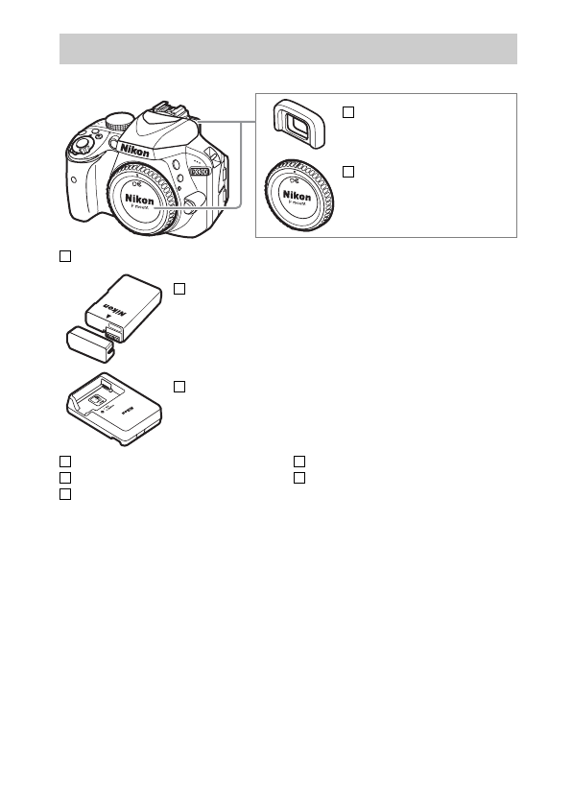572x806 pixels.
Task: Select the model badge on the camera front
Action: (x=199, y=171)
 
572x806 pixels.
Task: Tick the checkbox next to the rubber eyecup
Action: (x=348, y=112)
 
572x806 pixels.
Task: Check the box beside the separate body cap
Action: (x=348, y=172)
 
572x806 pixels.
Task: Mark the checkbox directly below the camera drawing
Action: (x=65, y=255)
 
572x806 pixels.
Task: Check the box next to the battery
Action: (x=179, y=288)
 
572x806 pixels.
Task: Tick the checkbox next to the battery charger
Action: (x=179, y=385)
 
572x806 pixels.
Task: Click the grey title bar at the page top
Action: (x=288, y=49)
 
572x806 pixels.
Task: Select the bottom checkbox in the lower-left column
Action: (x=65, y=493)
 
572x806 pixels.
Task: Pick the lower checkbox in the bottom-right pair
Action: (x=298, y=477)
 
